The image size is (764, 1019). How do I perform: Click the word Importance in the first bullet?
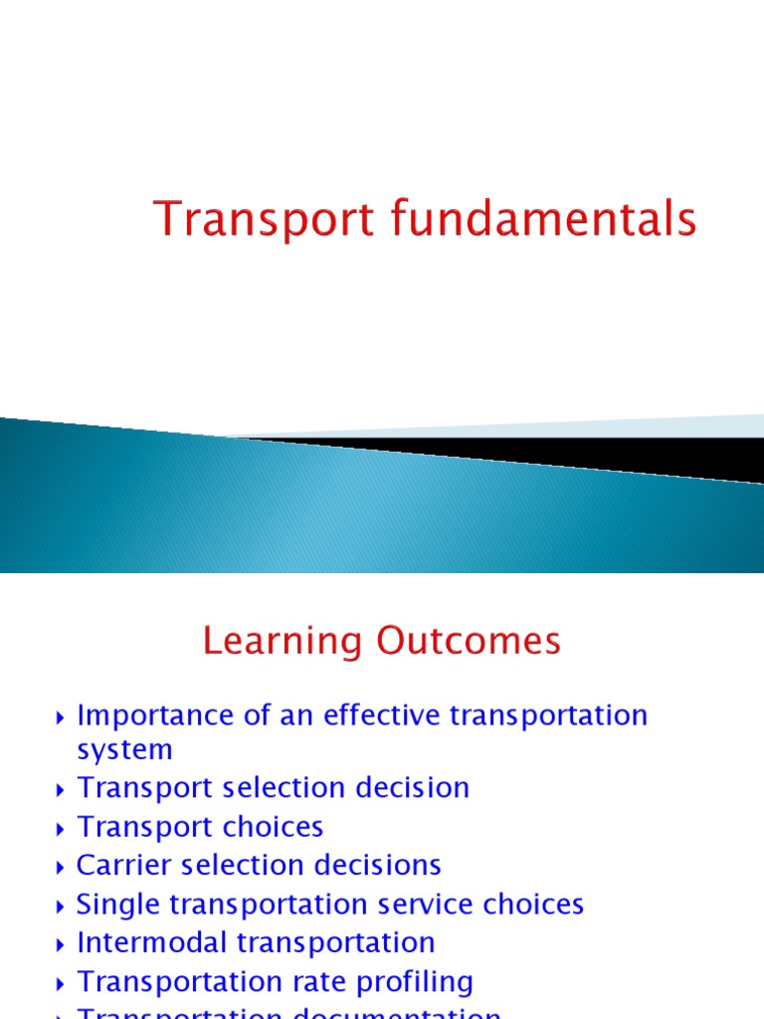point(149,715)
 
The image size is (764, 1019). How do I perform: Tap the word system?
point(124,749)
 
